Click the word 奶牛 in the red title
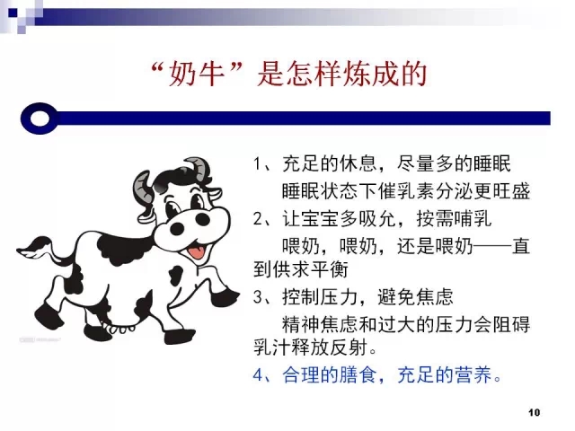[196, 75]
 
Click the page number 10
[534, 412]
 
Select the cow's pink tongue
[196, 252]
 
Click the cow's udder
[120, 327]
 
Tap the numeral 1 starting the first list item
[257, 163]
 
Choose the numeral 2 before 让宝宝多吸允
[258, 219]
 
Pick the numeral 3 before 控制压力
[258, 297]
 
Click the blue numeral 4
[258, 375]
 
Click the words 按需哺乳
[454, 219]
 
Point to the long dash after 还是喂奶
[492, 246]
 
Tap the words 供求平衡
[310, 270]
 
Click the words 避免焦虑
[416, 297]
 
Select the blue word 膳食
[358, 375]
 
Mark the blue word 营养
[473, 375]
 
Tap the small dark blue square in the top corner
[13, 13]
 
